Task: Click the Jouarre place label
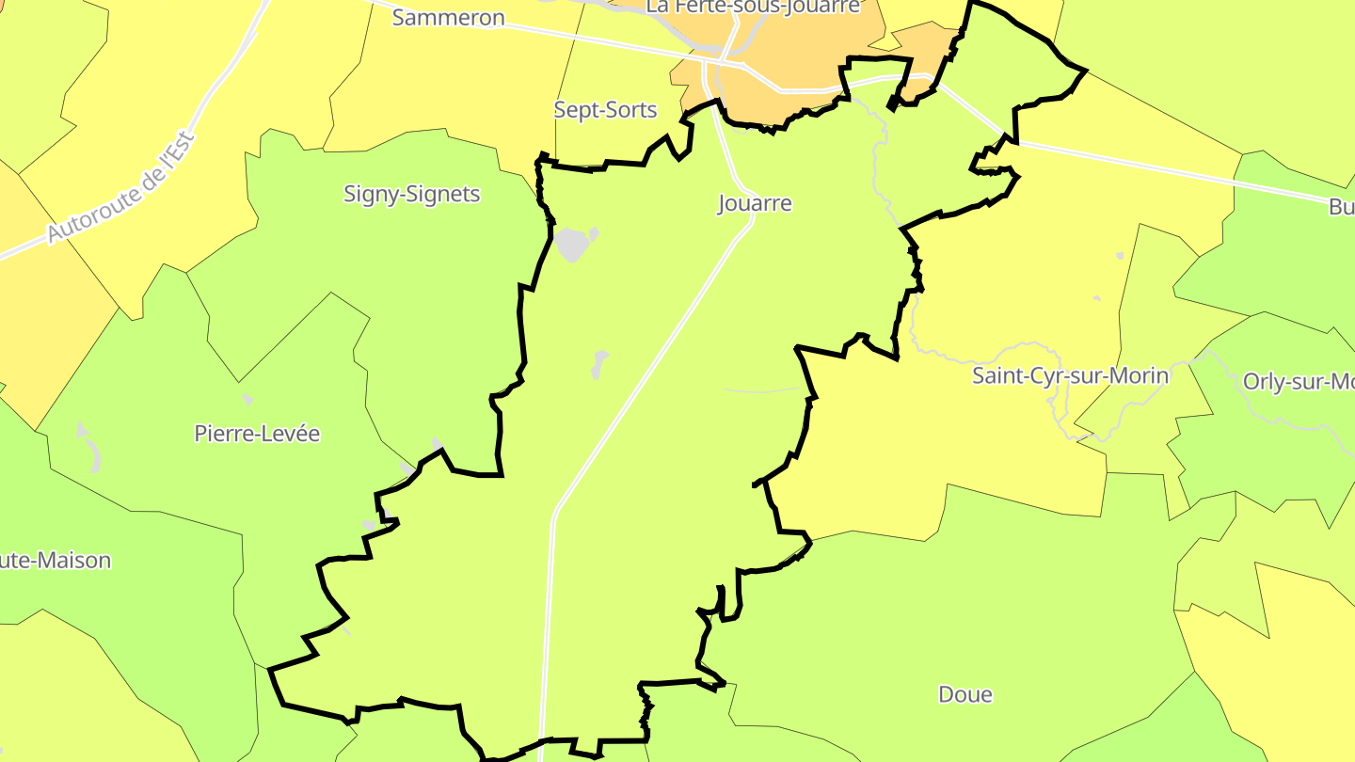755,203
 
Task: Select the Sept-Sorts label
605,110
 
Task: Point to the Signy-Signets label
411,195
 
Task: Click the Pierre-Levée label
257,434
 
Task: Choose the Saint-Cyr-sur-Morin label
1070,376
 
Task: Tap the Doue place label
965,694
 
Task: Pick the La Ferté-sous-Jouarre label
753,7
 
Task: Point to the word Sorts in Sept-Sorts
631,110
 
